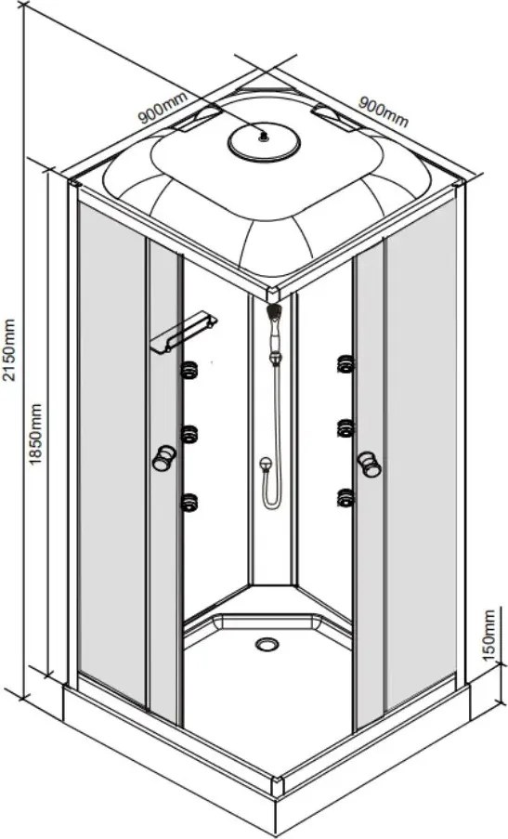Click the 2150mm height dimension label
[9, 348]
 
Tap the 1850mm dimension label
[35, 434]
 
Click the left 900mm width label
[163, 108]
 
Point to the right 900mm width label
[383, 111]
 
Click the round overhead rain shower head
[264, 142]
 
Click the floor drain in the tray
[267, 644]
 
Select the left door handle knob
[163, 458]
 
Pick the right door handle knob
[370, 464]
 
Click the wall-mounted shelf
[183, 332]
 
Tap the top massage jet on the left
[189, 370]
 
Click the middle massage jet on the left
[189, 434]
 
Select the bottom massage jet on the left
[189, 502]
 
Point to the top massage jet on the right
[346, 364]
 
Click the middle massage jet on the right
[346, 428]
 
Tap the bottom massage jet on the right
[346, 497]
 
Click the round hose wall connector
[266, 464]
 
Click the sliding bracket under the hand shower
[276, 357]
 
